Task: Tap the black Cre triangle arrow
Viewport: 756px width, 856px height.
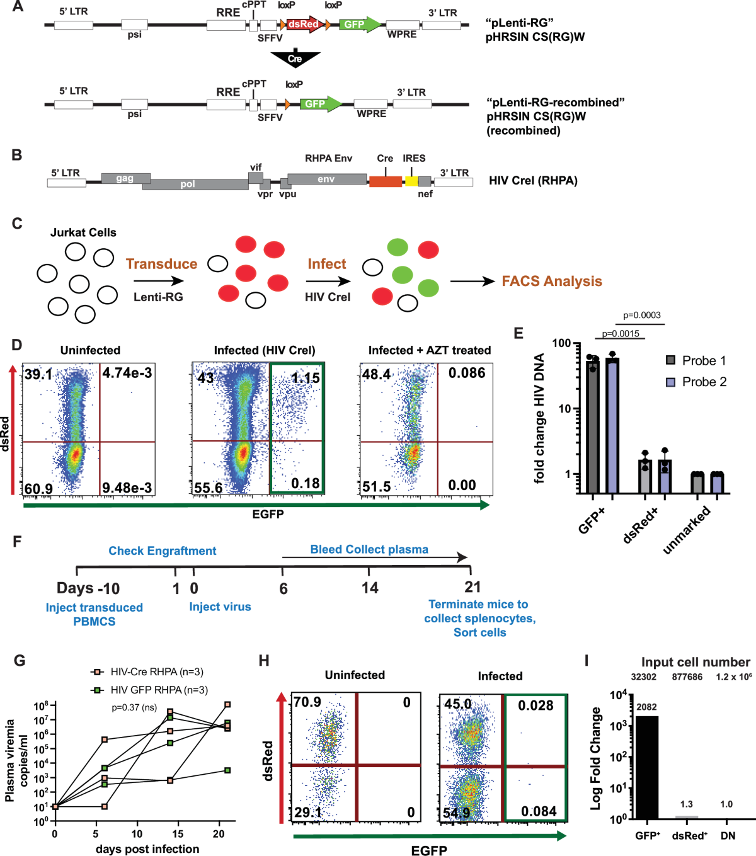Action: (x=295, y=59)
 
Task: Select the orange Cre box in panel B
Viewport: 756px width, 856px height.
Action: (x=385, y=181)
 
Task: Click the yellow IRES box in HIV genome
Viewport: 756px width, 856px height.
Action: (x=411, y=181)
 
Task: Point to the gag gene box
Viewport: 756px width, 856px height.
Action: (x=125, y=178)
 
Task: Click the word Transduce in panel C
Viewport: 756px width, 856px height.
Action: (x=161, y=264)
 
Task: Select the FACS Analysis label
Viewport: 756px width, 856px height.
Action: (x=552, y=282)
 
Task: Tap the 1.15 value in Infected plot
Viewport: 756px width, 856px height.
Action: (x=305, y=378)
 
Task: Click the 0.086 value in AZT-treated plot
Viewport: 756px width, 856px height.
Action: (x=466, y=374)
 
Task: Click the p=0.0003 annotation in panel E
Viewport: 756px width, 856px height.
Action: (x=641, y=316)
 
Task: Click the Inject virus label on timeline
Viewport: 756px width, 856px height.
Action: (x=220, y=607)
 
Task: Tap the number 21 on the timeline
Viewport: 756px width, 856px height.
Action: (x=472, y=588)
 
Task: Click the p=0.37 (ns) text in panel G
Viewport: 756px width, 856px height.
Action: (x=134, y=707)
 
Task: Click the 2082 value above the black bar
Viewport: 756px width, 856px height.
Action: (x=646, y=707)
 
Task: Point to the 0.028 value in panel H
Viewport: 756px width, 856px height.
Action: (x=535, y=705)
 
